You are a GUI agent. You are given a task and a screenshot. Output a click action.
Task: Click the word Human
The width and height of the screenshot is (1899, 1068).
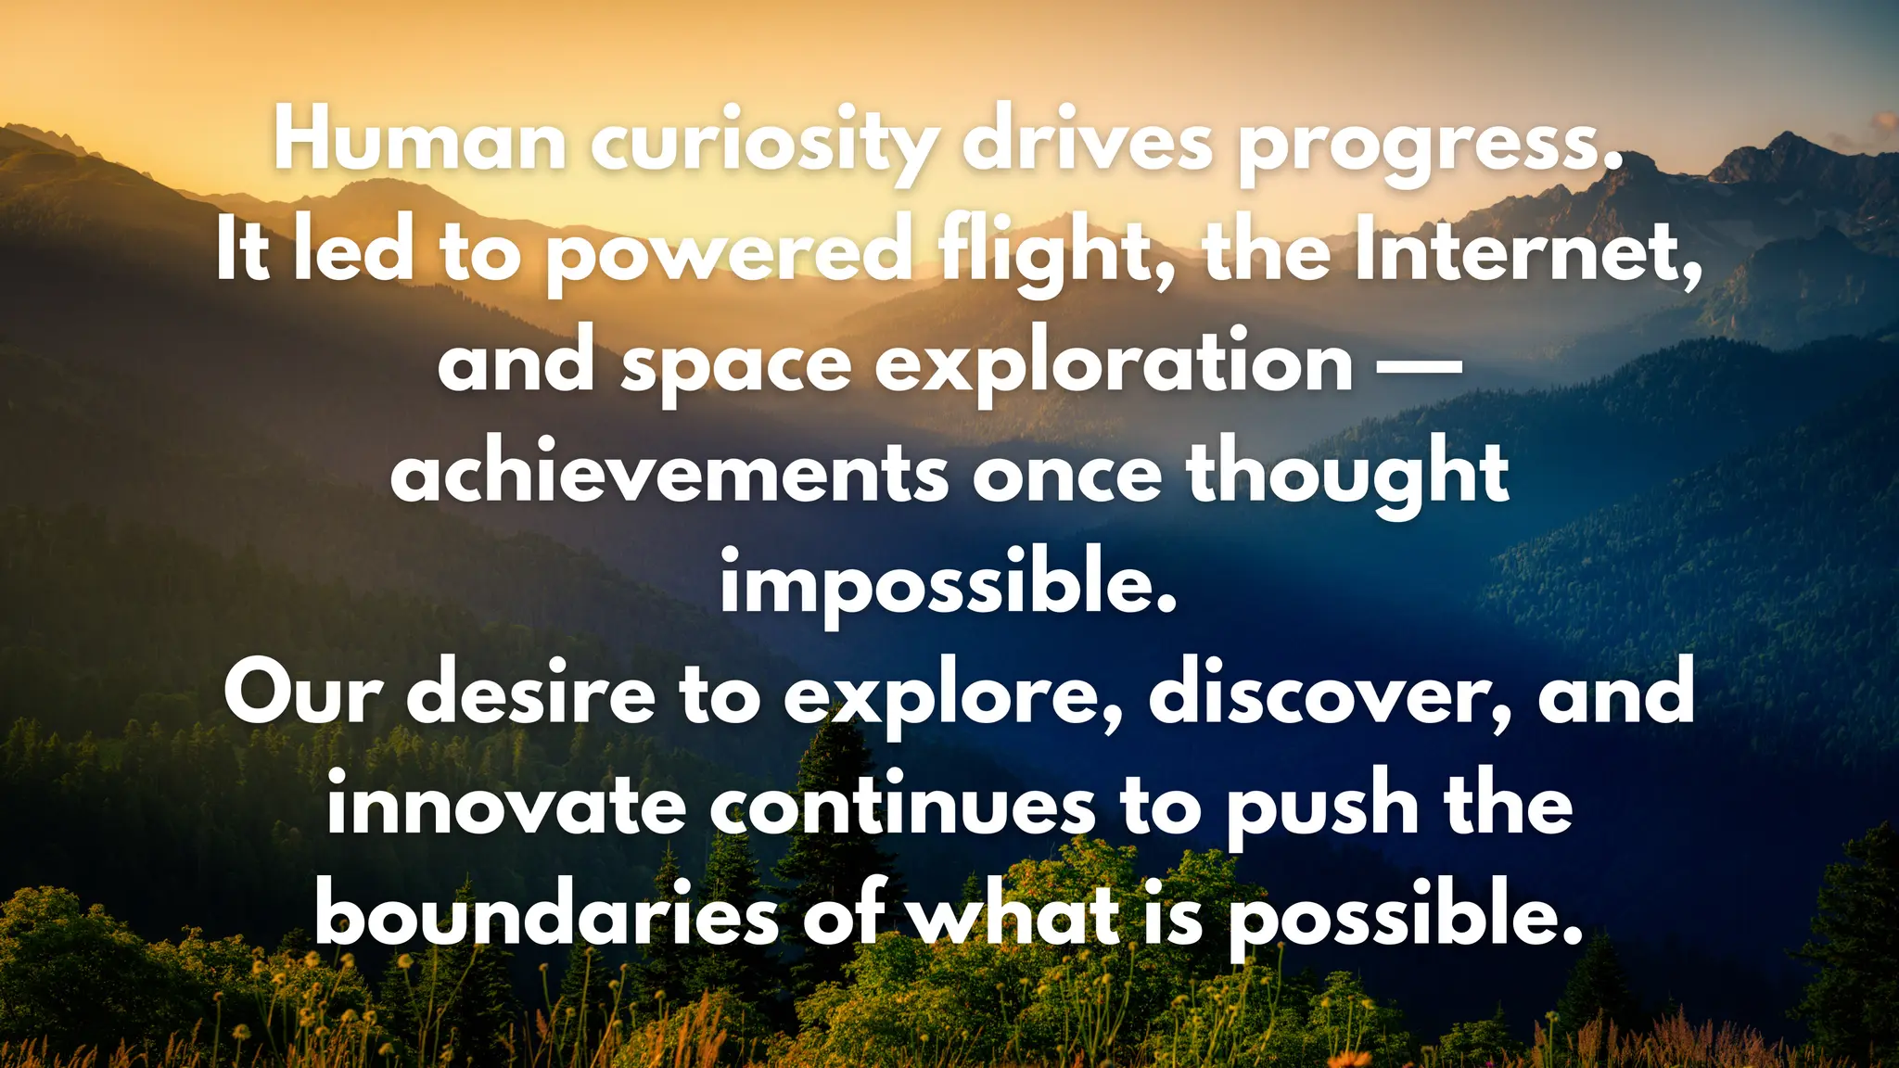420,142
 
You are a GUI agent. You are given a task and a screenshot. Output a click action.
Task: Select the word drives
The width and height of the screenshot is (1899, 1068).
1087,142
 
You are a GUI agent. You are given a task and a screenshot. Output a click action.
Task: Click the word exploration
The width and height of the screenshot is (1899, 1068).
1114,363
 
